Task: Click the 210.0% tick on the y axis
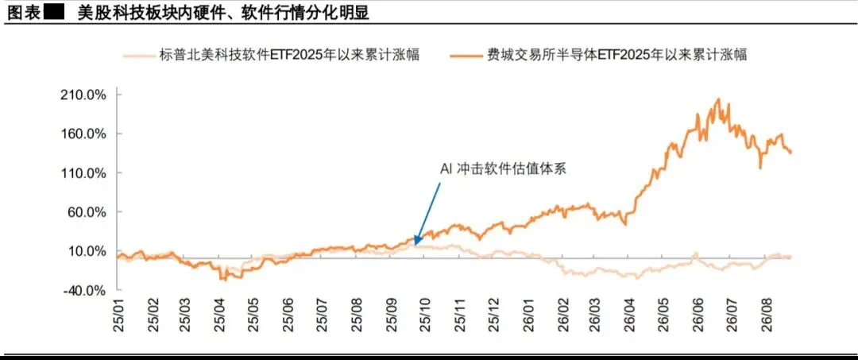pos(83,95)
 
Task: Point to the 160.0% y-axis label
pos(83,134)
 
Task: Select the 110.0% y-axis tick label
pos(83,173)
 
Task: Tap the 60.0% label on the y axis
pos(87,212)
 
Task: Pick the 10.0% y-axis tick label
pos(87,251)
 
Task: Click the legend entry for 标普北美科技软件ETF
pos(272,56)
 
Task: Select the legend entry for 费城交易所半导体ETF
pos(599,56)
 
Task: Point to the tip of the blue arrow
pos(415,244)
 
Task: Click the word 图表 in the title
pos(24,13)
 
